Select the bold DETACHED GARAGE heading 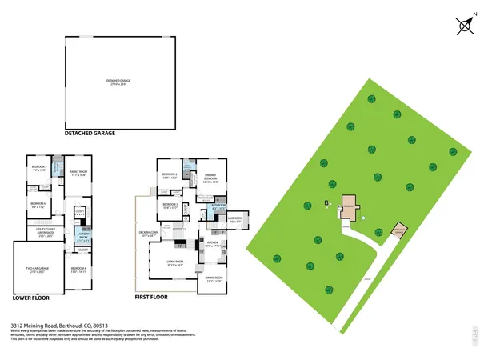tap(90, 134)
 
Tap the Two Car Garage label tap(38, 270)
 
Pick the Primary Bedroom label tap(210, 179)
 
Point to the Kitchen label tap(213, 243)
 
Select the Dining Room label tap(213, 279)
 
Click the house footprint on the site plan tap(350, 209)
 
